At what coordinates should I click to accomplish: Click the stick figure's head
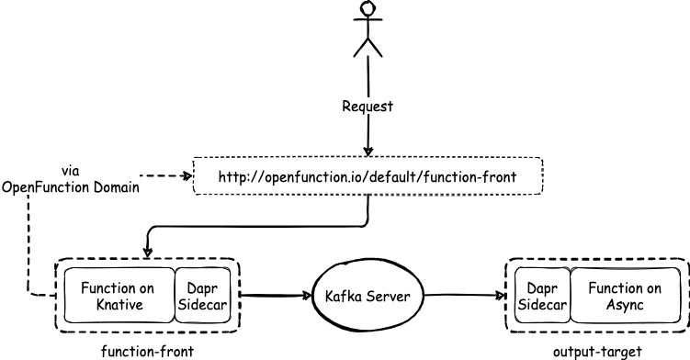click(368, 8)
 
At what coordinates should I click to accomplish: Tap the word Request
click(368, 107)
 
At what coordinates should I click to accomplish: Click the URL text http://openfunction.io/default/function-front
click(368, 177)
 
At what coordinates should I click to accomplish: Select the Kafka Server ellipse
click(368, 296)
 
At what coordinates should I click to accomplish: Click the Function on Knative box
click(119, 296)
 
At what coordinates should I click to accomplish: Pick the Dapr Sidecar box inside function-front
click(202, 296)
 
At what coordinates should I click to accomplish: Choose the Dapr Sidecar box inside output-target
click(542, 296)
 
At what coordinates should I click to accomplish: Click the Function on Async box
click(625, 296)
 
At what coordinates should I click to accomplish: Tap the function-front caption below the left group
click(147, 352)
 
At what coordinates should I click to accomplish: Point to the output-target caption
click(597, 352)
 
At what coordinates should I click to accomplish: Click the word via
click(71, 171)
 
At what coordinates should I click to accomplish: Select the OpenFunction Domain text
click(71, 187)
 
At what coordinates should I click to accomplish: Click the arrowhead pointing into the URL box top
click(368, 152)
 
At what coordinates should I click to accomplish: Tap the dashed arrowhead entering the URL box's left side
click(188, 176)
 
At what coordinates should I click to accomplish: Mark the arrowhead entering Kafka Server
click(307, 296)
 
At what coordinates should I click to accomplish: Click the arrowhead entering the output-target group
click(500, 296)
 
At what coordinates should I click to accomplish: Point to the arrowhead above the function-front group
click(147, 253)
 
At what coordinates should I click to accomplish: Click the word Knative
click(119, 305)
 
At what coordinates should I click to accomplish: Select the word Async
click(625, 305)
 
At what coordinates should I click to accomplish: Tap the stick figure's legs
click(368, 47)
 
